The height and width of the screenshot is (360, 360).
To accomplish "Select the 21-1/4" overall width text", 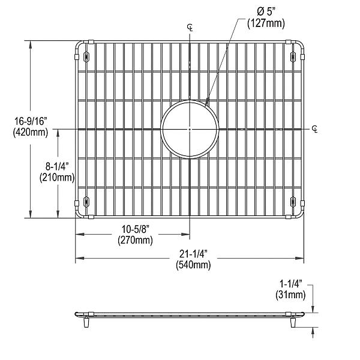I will (x=193, y=254).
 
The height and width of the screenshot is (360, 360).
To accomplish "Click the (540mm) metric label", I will (x=193, y=265).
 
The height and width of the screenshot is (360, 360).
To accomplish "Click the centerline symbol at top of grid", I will (x=190, y=27).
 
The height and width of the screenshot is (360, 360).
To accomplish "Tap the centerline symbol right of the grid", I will (x=316, y=128).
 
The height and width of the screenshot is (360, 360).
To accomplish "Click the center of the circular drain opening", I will (x=190, y=129).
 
